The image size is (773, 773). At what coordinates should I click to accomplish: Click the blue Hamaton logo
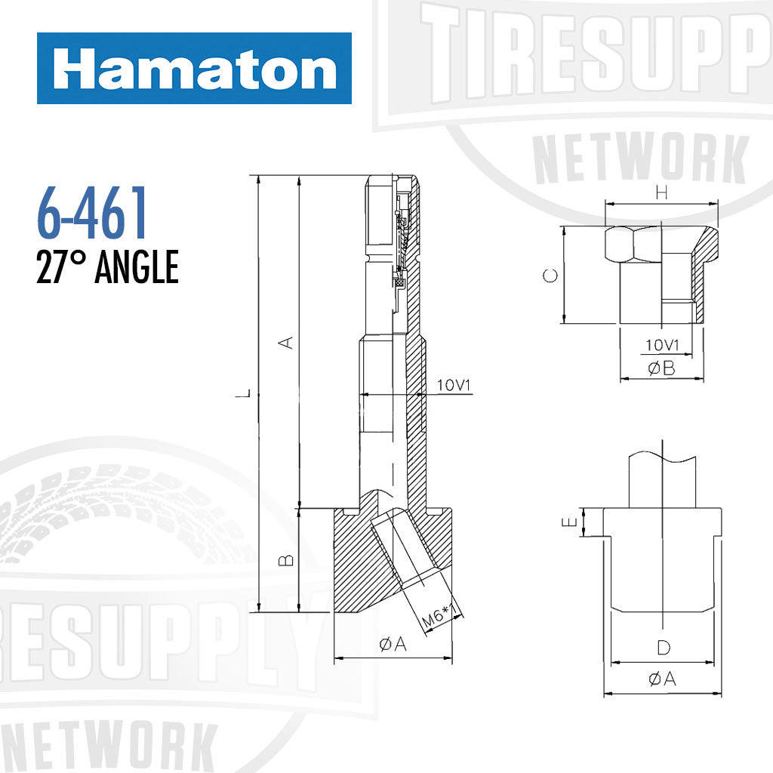click(194, 69)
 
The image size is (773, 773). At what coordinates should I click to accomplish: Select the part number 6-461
click(91, 215)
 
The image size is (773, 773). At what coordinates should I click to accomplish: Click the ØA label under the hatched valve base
click(393, 643)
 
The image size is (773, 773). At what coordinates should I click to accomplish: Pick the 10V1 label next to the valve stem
click(454, 386)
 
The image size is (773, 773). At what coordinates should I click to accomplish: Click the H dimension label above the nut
click(662, 193)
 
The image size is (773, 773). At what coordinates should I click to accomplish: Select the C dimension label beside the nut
click(552, 276)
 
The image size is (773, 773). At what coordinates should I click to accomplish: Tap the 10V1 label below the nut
click(663, 345)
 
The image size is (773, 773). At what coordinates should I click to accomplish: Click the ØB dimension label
click(661, 368)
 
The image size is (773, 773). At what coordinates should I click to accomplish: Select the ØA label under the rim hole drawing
click(662, 679)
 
